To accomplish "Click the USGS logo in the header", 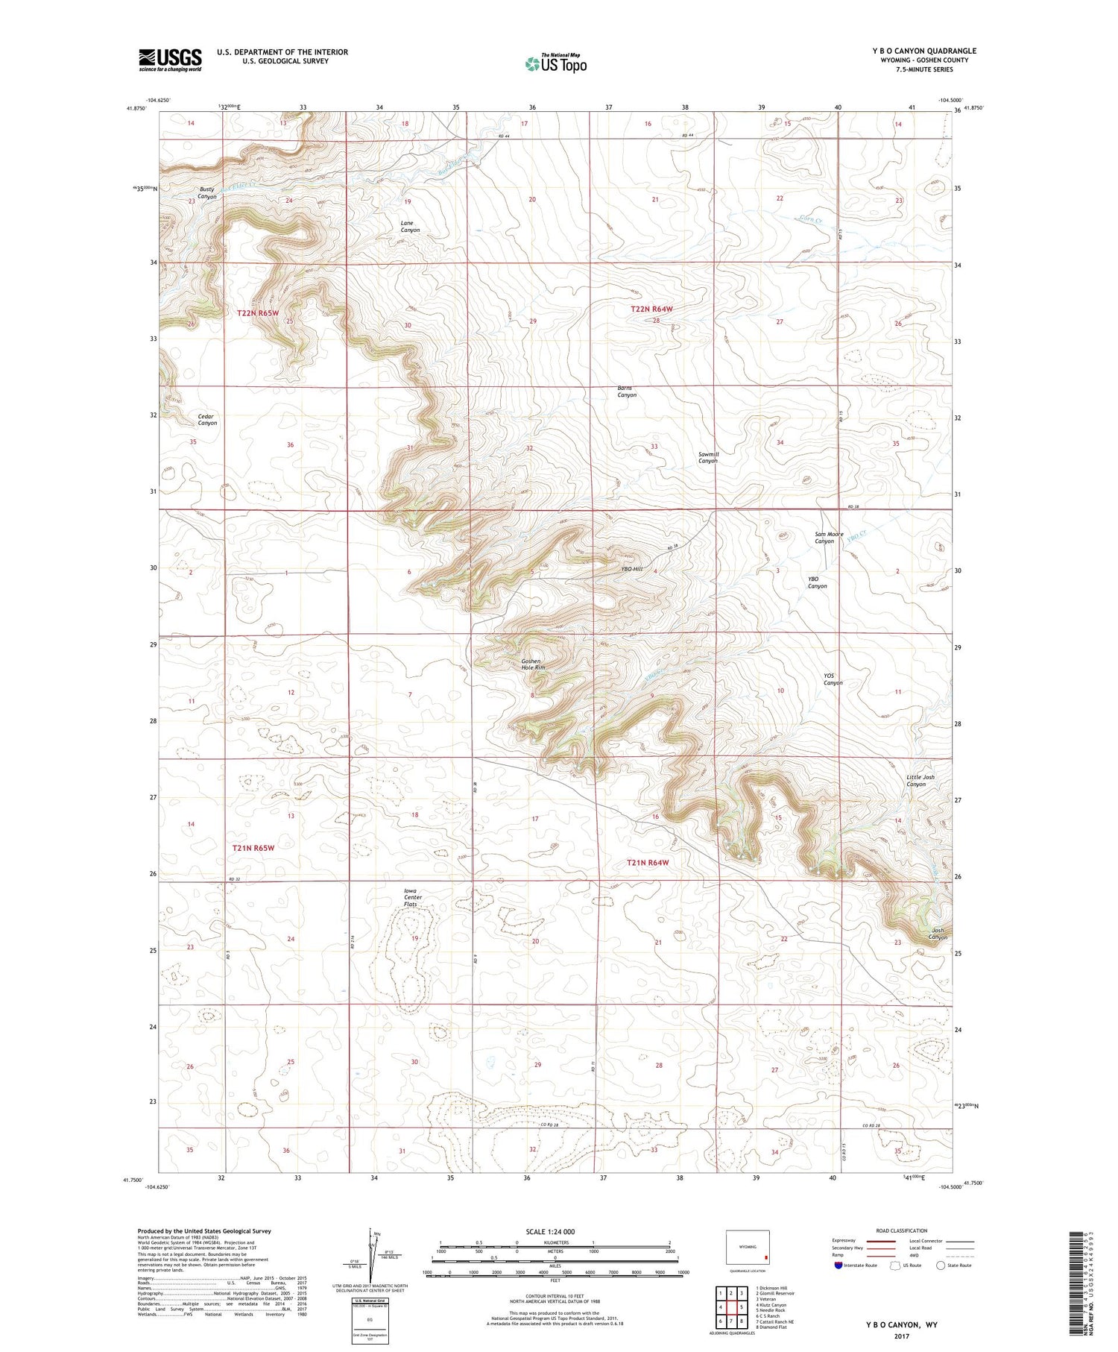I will (x=170, y=60).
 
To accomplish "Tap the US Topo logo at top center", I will (x=555, y=63).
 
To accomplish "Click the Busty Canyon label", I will (x=207, y=193).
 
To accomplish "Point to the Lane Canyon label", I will (x=410, y=227).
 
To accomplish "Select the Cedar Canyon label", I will (x=207, y=420).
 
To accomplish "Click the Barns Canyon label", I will (x=627, y=392).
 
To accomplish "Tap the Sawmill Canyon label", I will (x=707, y=457).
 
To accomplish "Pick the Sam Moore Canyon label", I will (x=829, y=538).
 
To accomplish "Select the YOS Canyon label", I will (x=833, y=679).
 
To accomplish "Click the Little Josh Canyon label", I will (x=920, y=781).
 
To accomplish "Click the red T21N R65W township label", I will (x=253, y=848).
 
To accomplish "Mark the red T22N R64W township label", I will (x=651, y=309).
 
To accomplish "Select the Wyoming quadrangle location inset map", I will (x=748, y=1247).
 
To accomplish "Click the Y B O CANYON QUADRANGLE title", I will (x=924, y=51).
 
